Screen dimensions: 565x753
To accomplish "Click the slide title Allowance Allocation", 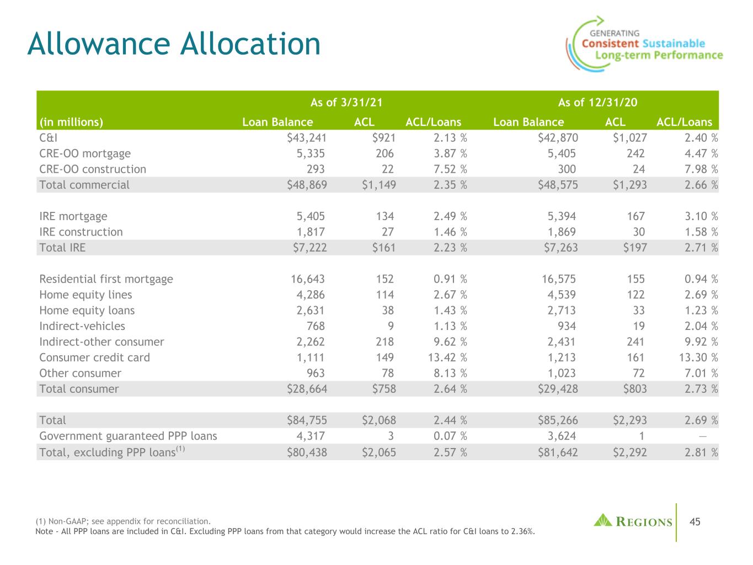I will click(174, 44).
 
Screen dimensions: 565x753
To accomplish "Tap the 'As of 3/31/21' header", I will click(346, 102).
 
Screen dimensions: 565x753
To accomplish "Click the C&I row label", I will click(48, 138).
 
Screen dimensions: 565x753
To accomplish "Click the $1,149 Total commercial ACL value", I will click(378, 185).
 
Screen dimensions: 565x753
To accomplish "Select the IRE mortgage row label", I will click(73, 216).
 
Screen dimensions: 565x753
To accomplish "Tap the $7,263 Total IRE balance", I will click(558, 248).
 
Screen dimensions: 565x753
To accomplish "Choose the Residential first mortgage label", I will click(106, 279).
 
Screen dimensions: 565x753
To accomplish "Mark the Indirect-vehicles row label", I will click(82, 326).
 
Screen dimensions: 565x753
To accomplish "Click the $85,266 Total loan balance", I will click(558, 420).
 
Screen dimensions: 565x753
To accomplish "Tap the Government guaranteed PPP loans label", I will click(128, 436).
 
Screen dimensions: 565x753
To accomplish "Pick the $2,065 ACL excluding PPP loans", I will click(378, 452).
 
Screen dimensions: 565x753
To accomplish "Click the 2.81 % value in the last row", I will click(698, 452).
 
